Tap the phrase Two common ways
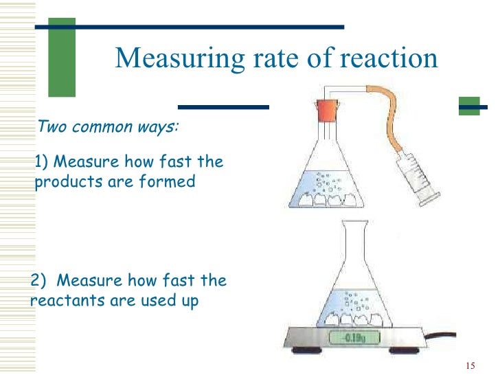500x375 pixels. (109, 128)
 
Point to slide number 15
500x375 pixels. (470, 364)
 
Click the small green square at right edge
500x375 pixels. (469, 106)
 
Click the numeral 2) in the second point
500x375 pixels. (41, 281)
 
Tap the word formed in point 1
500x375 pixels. (169, 182)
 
